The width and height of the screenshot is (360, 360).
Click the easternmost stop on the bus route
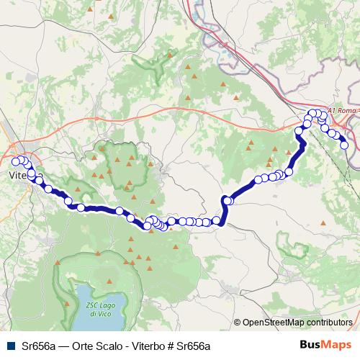click(x=344, y=145)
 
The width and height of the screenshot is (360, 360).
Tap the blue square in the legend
click(x=9, y=346)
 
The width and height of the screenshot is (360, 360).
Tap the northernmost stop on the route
click(x=314, y=113)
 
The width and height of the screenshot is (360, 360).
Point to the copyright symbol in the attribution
click(x=238, y=323)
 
